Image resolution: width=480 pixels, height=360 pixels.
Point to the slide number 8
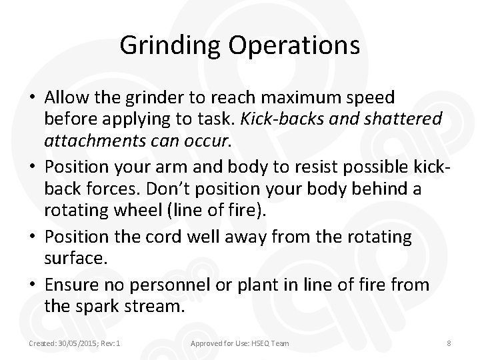tap(449, 343)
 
